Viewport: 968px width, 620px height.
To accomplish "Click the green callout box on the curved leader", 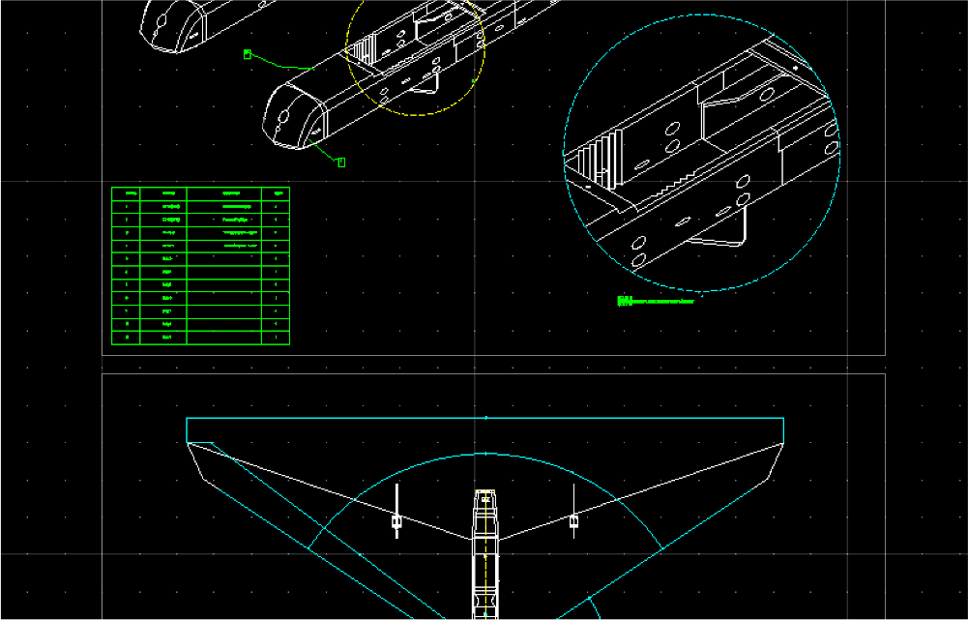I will click(x=248, y=55).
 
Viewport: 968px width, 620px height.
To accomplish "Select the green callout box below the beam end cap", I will click(x=341, y=162).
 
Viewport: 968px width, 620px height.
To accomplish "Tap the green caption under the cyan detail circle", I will click(x=655, y=302).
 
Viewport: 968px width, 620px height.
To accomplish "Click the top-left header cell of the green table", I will click(x=126, y=193).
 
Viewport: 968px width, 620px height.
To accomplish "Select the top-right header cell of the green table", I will click(x=276, y=193).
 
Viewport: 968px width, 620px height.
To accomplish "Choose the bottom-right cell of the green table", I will click(x=276, y=338).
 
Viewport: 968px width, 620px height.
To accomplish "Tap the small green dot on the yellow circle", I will click(x=473, y=81).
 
